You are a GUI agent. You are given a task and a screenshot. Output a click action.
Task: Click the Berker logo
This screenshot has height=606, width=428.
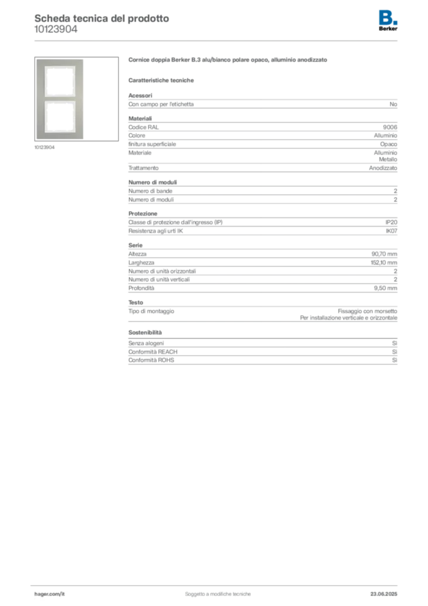(x=388, y=21)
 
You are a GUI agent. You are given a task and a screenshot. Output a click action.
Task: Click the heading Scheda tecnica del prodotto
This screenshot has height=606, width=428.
(x=102, y=18)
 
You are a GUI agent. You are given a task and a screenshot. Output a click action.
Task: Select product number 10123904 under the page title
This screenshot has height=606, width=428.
(x=56, y=29)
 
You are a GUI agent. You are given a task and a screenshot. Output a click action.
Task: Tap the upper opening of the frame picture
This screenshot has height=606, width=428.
(x=60, y=81)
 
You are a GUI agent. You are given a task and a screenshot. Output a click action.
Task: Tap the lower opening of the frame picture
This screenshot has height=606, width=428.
(x=60, y=117)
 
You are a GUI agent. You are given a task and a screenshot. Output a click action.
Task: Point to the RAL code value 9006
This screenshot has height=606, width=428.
(x=390, y=127)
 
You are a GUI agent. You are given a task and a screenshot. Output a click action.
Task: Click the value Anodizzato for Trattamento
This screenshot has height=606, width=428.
(x=383, y=168)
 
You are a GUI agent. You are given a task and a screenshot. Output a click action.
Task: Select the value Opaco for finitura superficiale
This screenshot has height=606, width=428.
(x=388, y=144)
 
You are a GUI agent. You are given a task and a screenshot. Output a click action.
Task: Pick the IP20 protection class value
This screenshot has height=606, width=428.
(x=391, y=223)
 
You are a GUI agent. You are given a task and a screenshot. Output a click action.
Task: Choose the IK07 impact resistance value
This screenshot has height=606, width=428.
(x=391, y=231)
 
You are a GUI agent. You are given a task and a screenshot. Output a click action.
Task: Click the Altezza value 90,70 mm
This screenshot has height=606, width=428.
(x=384, y=254)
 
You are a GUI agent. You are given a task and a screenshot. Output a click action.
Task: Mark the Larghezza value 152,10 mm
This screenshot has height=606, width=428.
(x=384, y=262)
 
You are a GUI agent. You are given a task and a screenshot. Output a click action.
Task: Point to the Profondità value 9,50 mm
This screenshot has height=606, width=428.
(x=385, y=288)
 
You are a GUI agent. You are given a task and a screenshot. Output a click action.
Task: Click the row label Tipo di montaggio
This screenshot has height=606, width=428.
(x=151, y=311)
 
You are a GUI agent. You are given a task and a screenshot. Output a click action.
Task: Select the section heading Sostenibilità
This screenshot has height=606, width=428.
(x=145, y=333)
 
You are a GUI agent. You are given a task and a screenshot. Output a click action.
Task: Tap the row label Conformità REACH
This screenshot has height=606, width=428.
(x=153, y=352)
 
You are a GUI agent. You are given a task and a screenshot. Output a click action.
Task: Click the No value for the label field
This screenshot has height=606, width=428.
(x=393, y=104)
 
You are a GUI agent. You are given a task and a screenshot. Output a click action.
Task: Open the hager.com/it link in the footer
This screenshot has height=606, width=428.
(x=50, y=594)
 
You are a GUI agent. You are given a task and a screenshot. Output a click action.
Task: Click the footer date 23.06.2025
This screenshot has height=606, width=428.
(x=384, y=594)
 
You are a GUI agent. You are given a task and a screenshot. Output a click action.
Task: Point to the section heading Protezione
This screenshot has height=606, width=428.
(x=143, y=214)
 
